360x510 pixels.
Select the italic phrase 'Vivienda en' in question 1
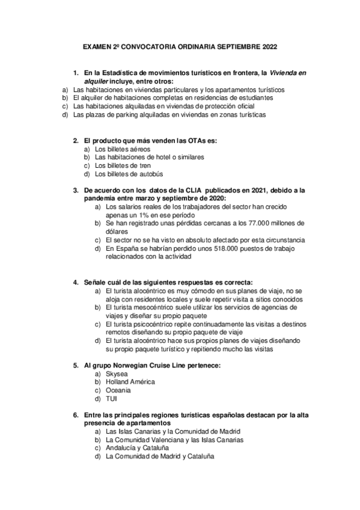click(x=288, y=73)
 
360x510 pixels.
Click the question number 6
click(x=75, y=414)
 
